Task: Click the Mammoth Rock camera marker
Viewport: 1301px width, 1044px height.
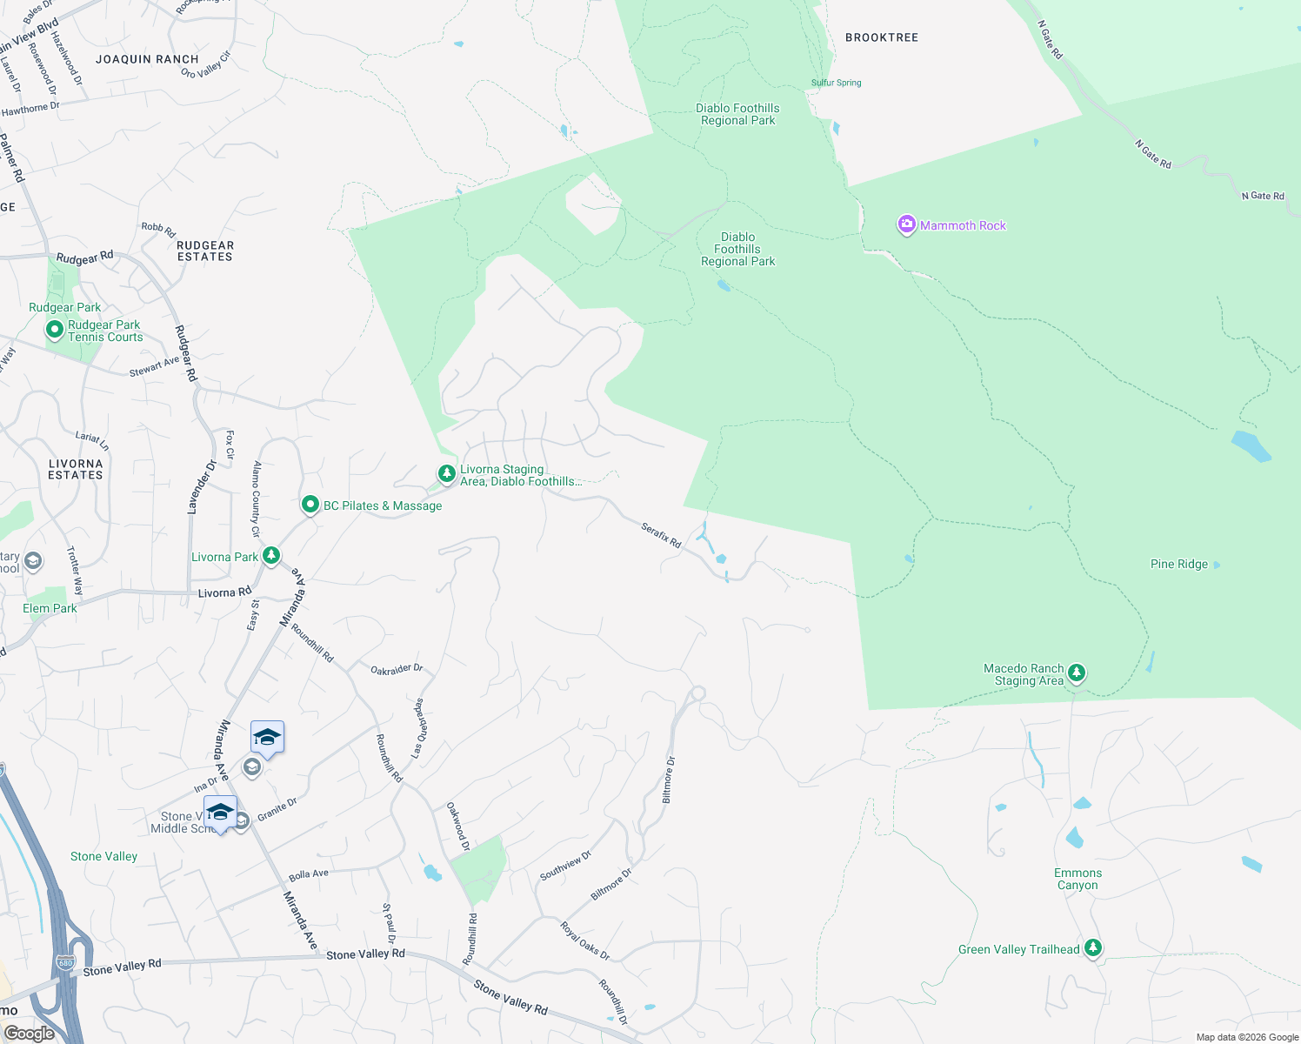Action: coord(906,225)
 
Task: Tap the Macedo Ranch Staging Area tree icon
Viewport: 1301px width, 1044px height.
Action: coord(1077,673)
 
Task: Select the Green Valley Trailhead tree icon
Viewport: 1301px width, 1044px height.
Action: coord(1093,948)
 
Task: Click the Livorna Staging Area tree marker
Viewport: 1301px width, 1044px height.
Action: coord(446,473)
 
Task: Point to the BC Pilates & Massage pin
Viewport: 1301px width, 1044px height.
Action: coord(310,505)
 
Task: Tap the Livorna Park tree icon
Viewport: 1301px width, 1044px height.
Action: coord(271,555)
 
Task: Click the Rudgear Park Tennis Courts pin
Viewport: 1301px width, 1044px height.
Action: coord(54,330)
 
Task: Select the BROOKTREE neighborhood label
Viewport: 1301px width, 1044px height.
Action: coord(882,37)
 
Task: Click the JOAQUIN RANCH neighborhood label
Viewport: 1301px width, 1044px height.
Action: coord(147,59)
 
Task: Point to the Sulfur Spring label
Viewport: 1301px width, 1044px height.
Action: coord(837,83)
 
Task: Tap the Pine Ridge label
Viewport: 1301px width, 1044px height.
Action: coord(1178,564)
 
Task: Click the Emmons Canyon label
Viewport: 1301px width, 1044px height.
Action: coord(1077,879)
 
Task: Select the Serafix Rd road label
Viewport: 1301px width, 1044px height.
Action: coord(661,534)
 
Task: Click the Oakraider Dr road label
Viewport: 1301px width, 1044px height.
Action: coord(397,669)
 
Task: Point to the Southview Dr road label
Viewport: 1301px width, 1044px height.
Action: coord(565,865)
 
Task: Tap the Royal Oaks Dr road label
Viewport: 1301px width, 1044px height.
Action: coord(584,940)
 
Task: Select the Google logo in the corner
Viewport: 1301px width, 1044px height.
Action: coord(29,1033)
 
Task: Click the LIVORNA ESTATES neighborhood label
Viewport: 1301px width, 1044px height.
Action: coord(76,469)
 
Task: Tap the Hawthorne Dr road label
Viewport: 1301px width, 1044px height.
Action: coord(30,109)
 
